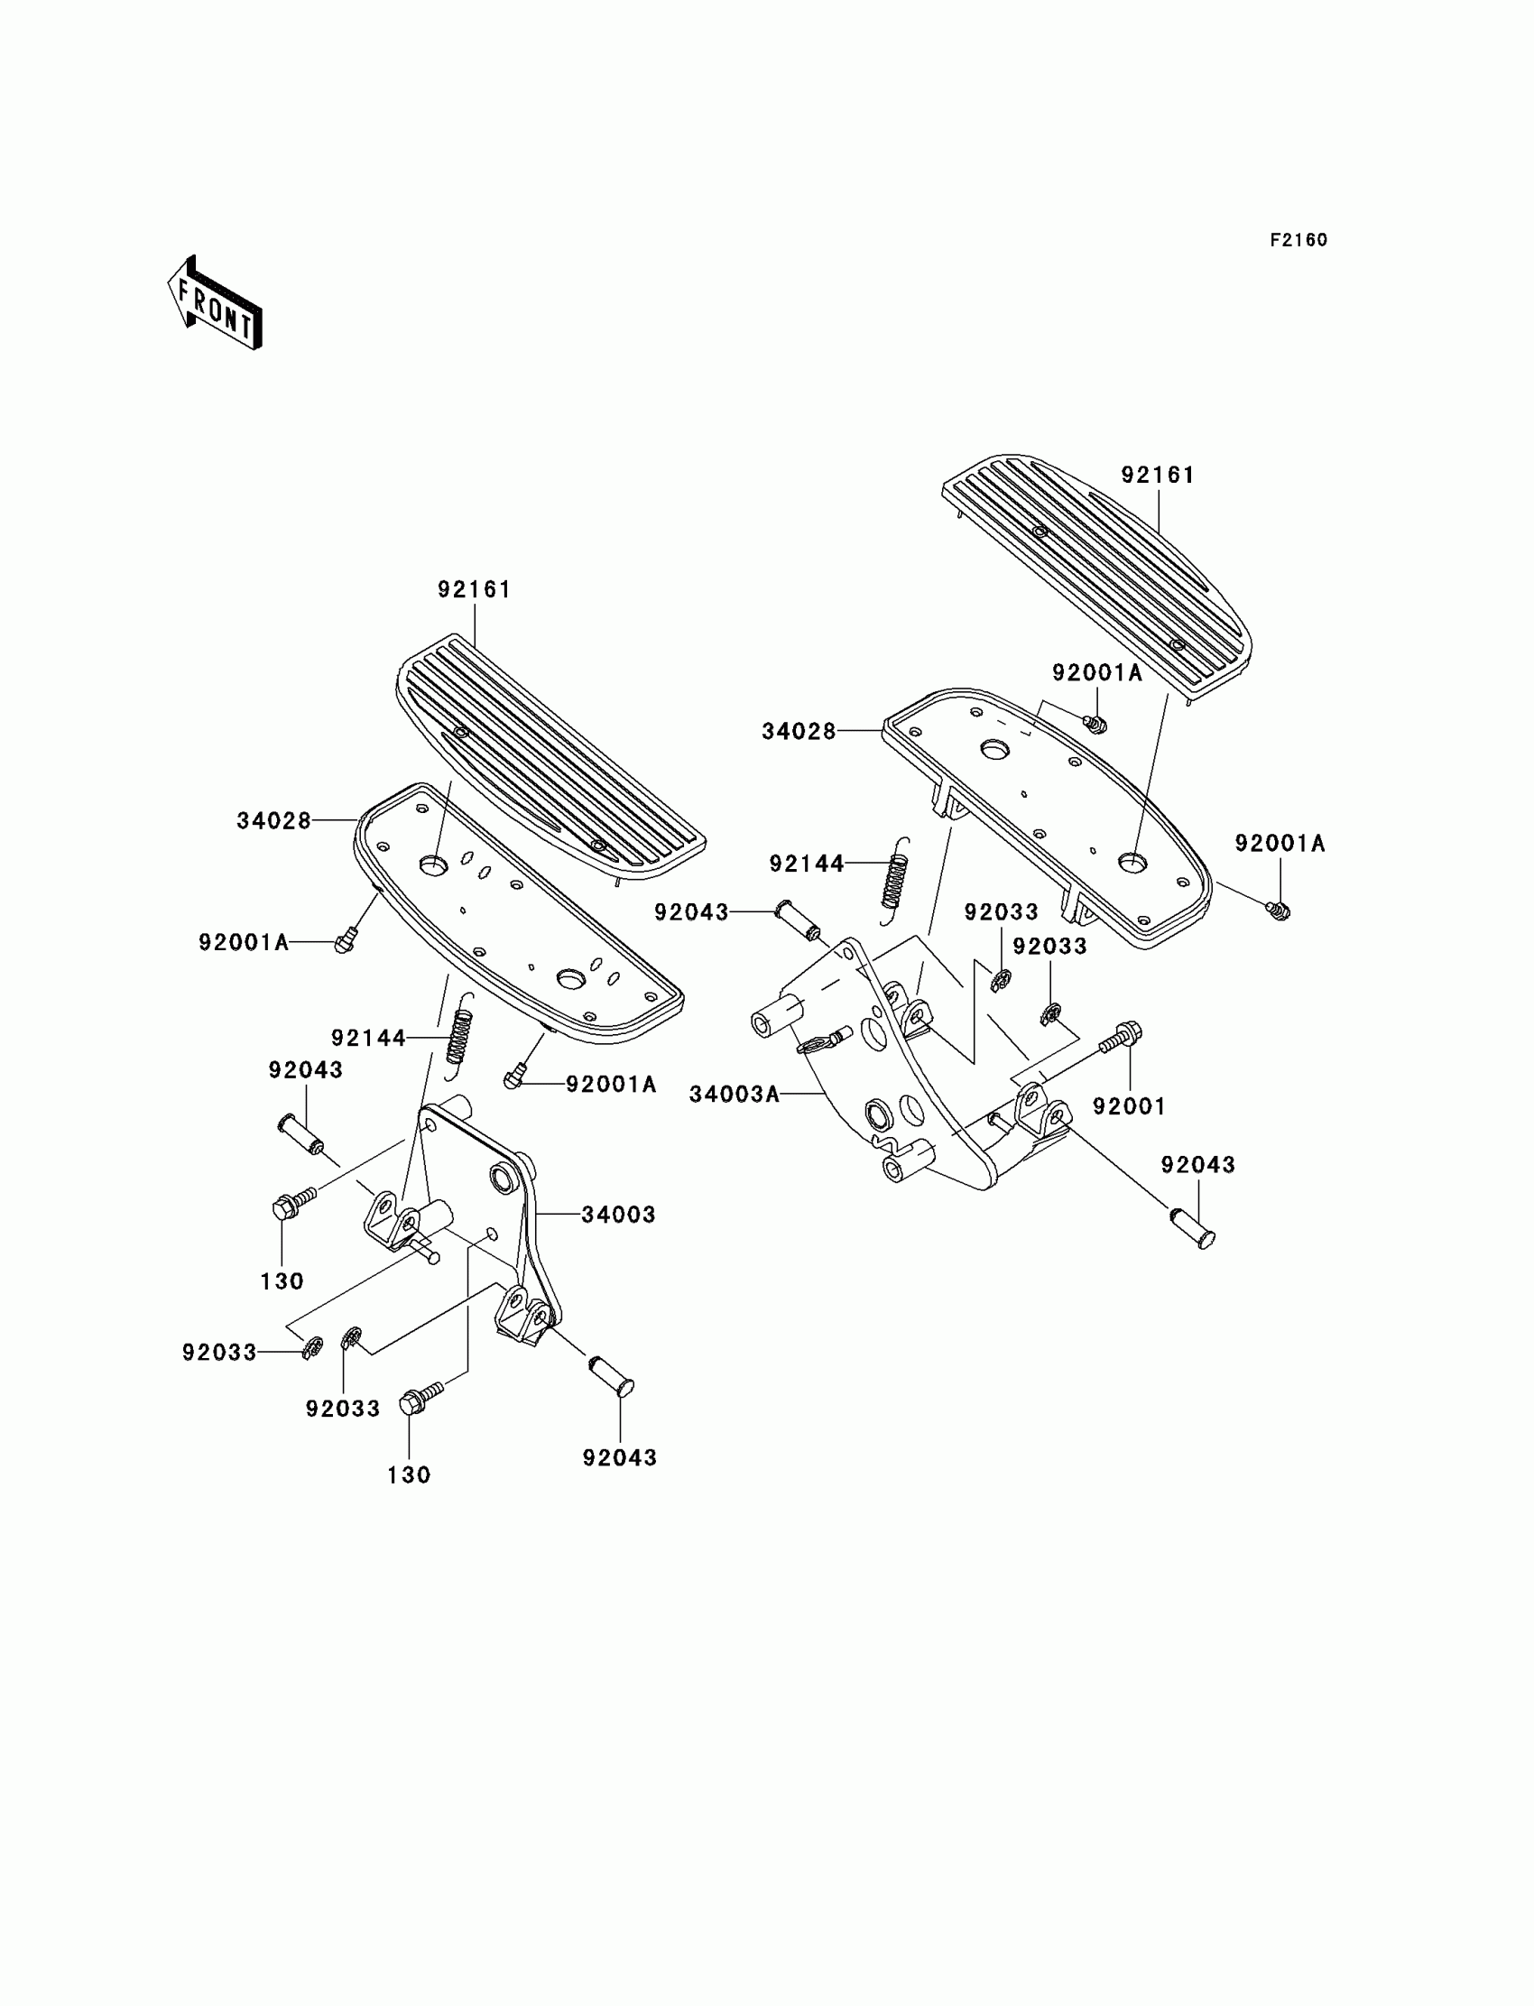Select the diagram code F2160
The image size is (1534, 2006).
tap(1298, 240)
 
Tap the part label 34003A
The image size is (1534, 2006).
tap(735, 1094)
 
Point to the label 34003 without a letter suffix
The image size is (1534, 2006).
tap(618, 1215)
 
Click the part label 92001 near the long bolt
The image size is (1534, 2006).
tap(1130, 1106)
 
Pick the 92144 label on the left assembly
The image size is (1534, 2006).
tap(368, 1038)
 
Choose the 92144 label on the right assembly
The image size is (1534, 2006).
tap(807, 864)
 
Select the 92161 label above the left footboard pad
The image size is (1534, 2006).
tap(474, 590)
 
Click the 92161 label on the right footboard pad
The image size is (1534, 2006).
tap(1158, 475)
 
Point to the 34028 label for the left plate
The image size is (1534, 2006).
tap(274, 821)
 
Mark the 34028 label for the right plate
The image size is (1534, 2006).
tap(799, 731)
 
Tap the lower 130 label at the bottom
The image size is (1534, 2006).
tap(408, 1474)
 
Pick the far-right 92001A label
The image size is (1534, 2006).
tap(1280, 844)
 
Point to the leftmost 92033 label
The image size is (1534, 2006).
tap(219, 1353)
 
